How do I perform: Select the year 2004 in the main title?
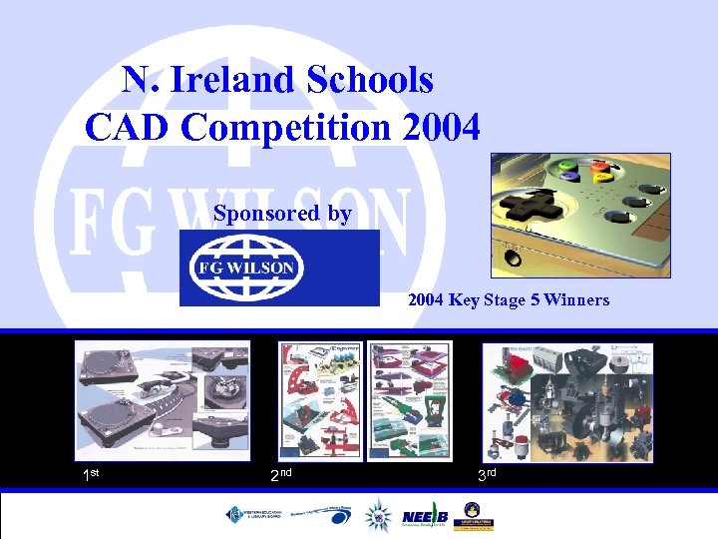click(436, 127)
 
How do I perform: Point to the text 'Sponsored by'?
click(282, 214)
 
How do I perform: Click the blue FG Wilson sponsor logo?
click(279, 268)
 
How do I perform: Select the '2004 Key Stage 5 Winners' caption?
click(509, 299)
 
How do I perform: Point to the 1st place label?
click(91, 475)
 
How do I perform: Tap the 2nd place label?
click(280, 474)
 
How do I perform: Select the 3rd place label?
click(486, 475)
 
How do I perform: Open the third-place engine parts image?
click(566, 401)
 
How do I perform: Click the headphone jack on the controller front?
click(512, 257)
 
